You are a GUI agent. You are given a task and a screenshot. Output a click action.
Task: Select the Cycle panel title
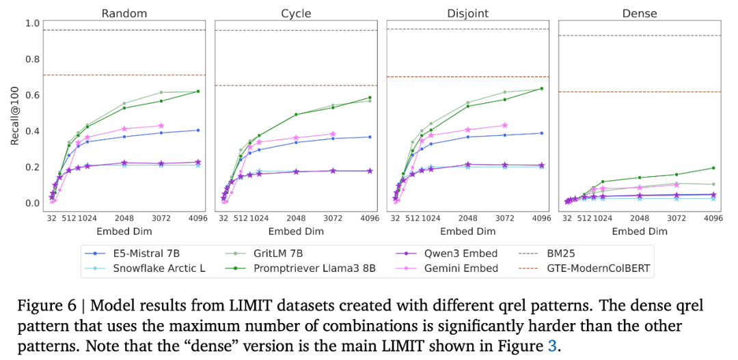point(296,13)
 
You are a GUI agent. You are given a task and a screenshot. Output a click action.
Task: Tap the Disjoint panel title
point(467,13)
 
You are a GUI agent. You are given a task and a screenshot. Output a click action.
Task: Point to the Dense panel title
point(640,13)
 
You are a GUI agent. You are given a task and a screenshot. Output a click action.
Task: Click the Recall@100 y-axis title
point(15,113)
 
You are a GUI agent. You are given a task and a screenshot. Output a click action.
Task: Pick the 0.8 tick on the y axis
point(32,59)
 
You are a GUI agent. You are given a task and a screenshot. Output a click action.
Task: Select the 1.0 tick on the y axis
point(32,23)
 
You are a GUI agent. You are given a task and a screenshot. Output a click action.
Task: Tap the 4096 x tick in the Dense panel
point(713,219)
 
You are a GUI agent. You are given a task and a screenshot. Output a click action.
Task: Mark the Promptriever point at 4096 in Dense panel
point(713,168)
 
